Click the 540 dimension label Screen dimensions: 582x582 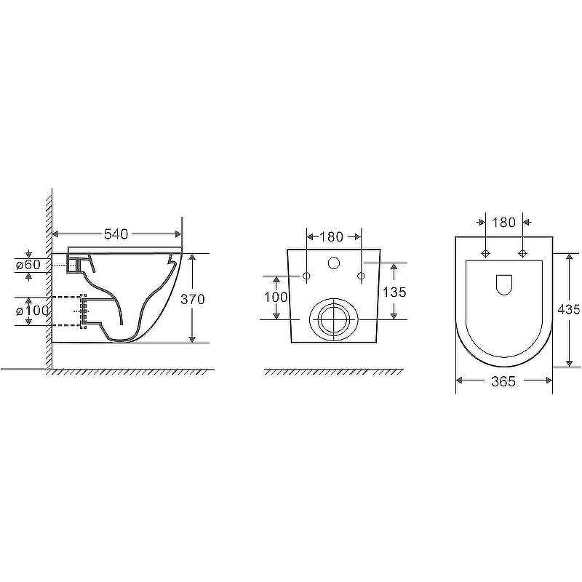pos(116,234)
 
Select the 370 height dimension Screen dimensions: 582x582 pos(193,299)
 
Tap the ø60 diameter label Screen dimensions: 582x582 pos(28,265)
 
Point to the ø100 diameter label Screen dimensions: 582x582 pos(32,311)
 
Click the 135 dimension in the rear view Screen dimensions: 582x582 pos(394,292)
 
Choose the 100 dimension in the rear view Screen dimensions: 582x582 pos(276,297)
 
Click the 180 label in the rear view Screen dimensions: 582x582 pos(332,237)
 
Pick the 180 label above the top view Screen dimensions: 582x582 pos(503,223)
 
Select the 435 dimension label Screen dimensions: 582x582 pos(569,308)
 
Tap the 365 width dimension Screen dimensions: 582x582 pos(503,381)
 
